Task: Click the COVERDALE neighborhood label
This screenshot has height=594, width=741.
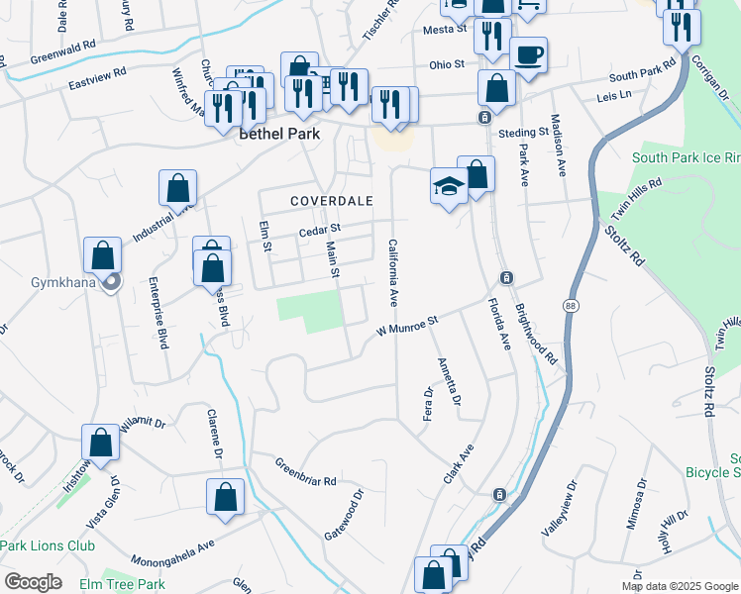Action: point(331,201)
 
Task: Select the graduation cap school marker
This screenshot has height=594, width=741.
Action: point(449,187)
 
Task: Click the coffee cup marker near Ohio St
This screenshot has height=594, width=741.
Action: point(527,57)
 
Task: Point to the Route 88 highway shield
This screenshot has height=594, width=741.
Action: point(571,305)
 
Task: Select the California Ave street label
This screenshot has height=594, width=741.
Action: point(392,271)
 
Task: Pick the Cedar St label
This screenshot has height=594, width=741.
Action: point(319,231)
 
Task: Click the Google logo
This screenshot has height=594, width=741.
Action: point(33,581)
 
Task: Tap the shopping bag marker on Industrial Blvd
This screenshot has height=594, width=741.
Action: point(177,188)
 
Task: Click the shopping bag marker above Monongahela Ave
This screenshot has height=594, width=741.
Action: point(225,497)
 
